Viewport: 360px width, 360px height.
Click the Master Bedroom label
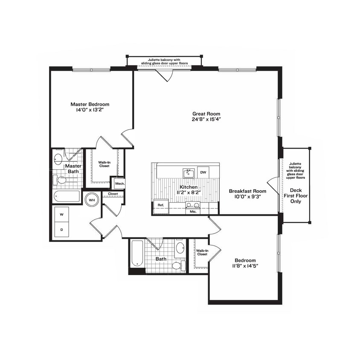[x=90, y=104]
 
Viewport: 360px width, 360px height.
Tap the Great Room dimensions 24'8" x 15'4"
[x=206, y=119]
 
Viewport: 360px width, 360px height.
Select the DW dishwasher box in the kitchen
[x=203, y=172]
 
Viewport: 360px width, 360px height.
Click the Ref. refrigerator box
[x=161, y=205]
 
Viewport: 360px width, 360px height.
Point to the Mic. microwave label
[x=192, y=211]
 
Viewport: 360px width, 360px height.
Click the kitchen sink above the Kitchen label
[x=188, y=173]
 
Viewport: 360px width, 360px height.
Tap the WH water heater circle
[x=92, y=199]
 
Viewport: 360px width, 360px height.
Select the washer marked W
[x=61, y=215]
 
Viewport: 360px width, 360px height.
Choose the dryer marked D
[x=61, y=230]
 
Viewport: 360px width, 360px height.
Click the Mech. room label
[x=118, y=184]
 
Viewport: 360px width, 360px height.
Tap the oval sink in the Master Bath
[x=58, y=159]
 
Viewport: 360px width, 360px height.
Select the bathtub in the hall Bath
[x=137, y=254]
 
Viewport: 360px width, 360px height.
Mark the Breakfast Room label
[x=247, y=191]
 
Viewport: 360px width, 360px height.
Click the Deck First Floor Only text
[x=296, y=196]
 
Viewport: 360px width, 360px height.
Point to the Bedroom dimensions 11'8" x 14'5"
[x=245, y=266]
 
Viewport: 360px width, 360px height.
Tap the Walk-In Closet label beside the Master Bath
[x=104, y=164]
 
